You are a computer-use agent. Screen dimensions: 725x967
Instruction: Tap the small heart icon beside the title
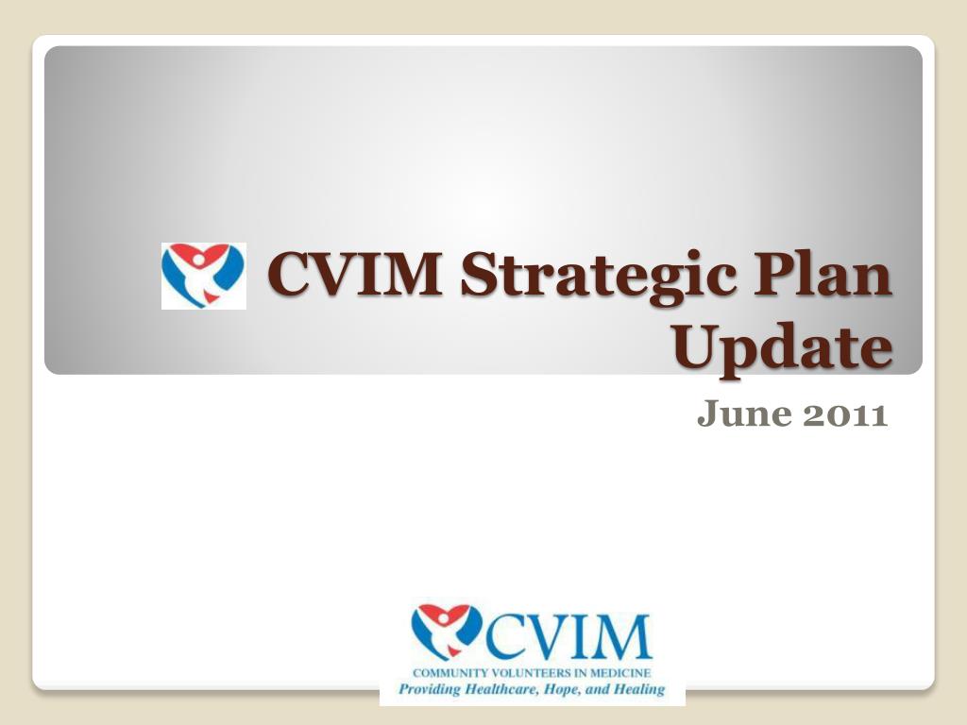(x=203, y=275)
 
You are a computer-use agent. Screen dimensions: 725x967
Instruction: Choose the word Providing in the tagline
(x=428, y=689)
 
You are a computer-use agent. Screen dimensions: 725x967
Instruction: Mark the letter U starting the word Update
(x=696, y=348)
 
